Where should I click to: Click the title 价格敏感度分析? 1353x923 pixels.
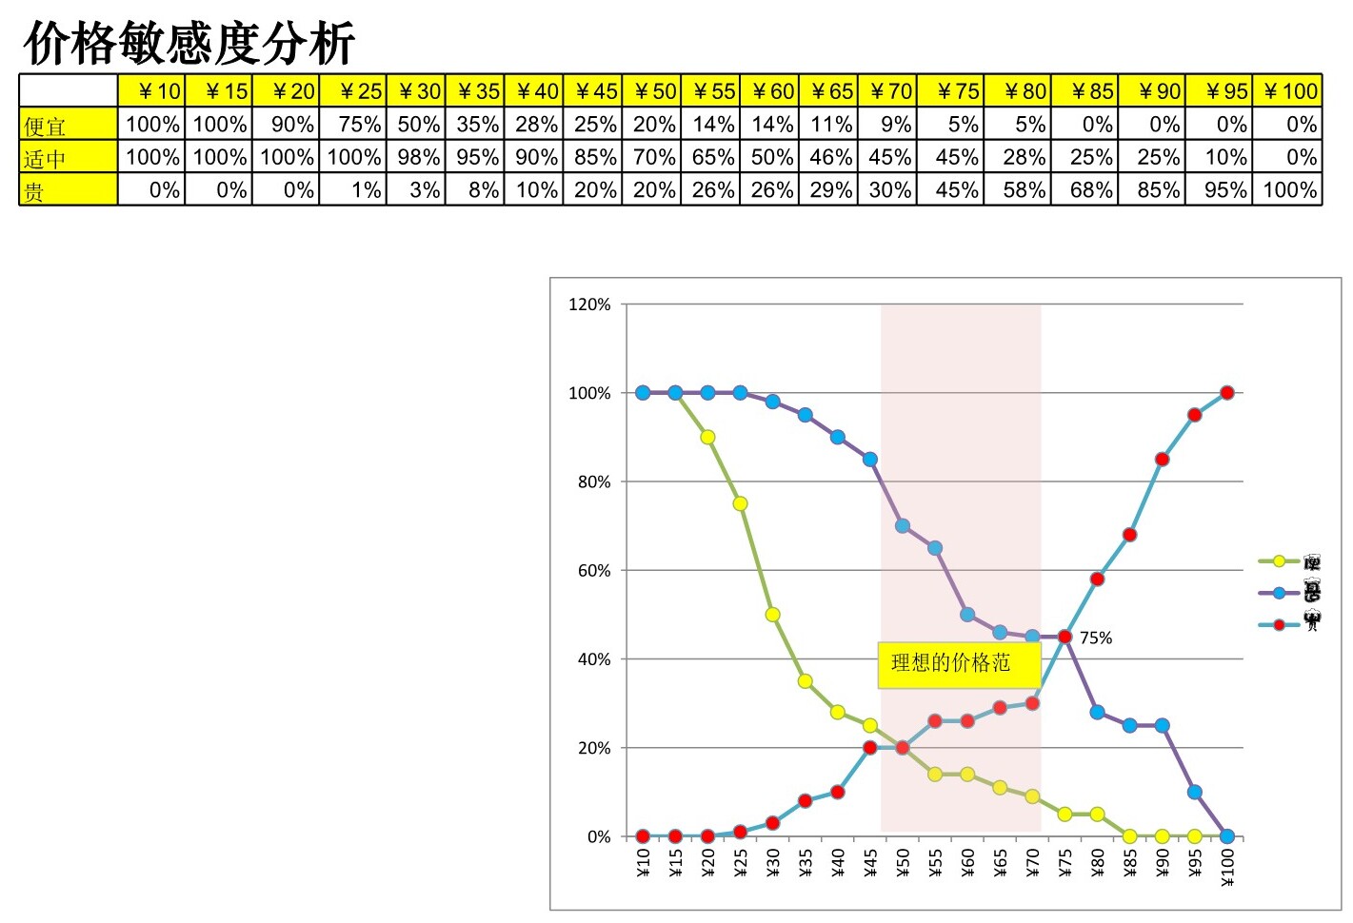tap(189, 43)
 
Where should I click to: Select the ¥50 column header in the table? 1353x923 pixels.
tap(652, 91)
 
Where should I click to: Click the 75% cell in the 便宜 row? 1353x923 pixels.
tap(353, 125)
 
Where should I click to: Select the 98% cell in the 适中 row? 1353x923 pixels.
tap(417, 157)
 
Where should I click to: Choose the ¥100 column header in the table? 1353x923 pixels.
tap(1288, 91)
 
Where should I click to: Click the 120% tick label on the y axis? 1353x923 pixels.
tap(589, 304)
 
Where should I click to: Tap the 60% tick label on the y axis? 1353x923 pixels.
tap(593, 571)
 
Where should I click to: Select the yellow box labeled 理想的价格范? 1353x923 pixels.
tap(959, 663)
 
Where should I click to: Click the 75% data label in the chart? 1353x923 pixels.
tap(1095, 638)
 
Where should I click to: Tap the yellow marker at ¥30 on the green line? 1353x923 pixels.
tap(772, 615)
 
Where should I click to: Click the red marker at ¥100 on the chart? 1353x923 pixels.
tap(1226, 393)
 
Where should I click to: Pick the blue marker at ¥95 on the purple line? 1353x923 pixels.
tap(1194, 793)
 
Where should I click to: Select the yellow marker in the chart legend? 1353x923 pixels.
tap(1279, 561)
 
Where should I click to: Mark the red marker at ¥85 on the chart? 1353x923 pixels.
tap(1129, 535)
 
